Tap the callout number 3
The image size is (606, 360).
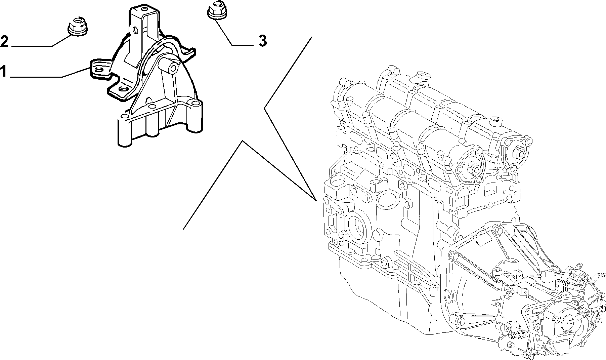(x=262, y=41)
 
